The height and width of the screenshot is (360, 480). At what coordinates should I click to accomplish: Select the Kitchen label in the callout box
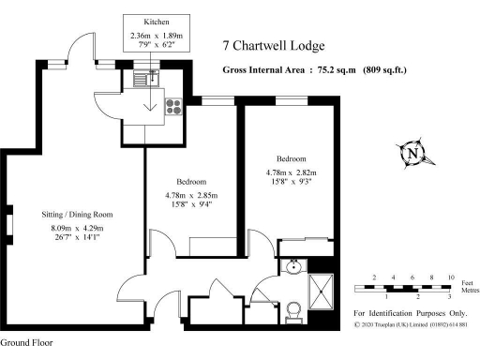[x=157, y=21]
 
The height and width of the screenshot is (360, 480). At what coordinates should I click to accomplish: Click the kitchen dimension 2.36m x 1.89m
[x=157, y=37]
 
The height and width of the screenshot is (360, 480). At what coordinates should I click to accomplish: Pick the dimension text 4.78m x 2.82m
[x=292, y=172]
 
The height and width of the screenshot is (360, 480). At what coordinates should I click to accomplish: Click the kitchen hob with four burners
[x=174, y=106]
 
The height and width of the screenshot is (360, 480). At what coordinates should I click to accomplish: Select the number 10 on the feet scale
[x=451, y=278]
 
